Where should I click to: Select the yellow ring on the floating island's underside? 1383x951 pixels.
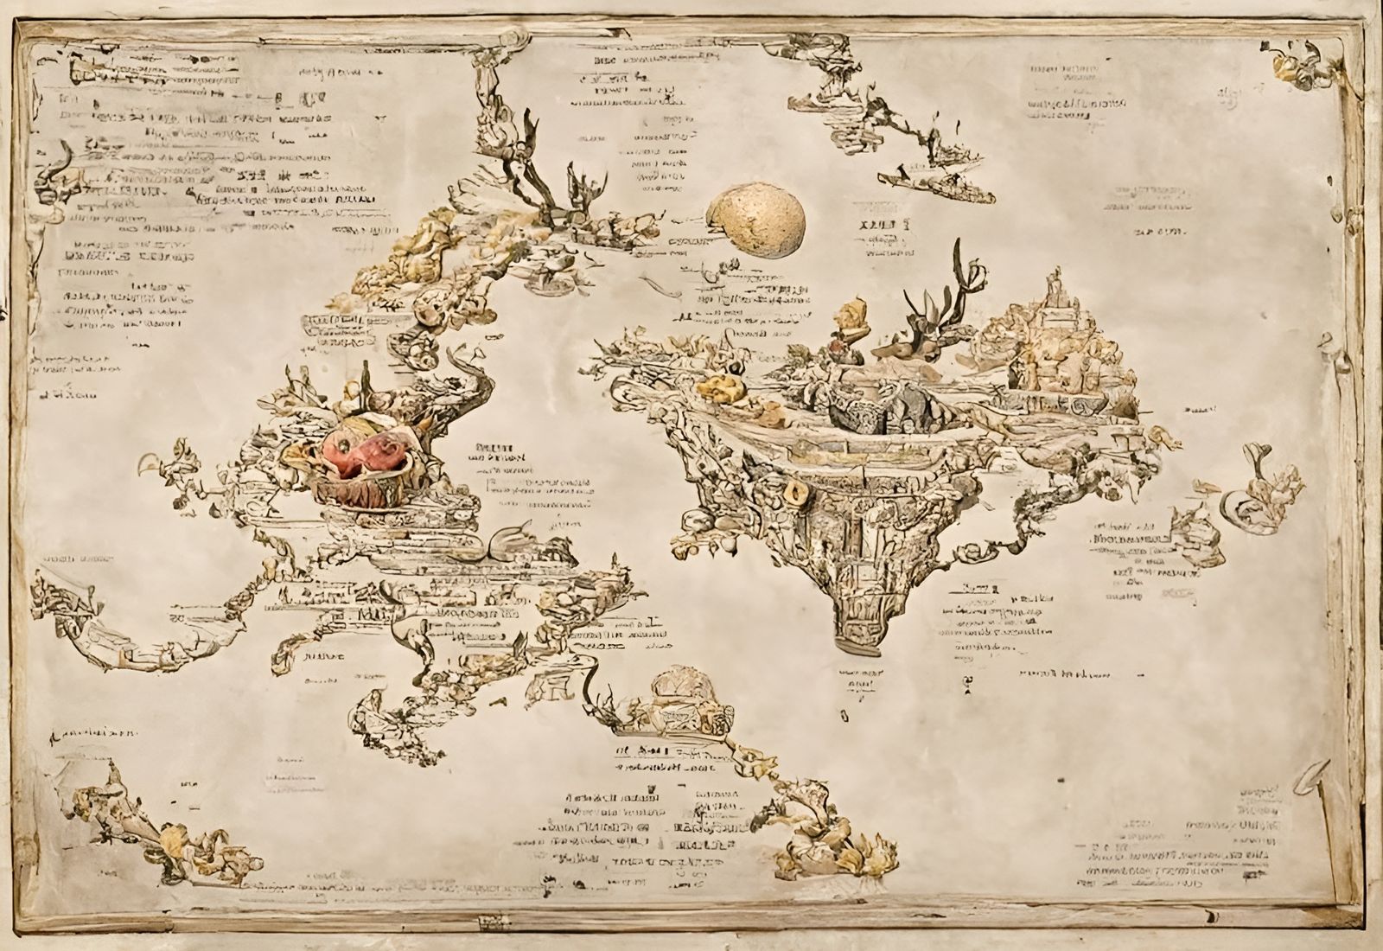point(793,494)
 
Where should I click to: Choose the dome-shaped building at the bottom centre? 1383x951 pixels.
point(682,687)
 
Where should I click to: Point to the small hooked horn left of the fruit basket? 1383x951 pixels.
point(160,463)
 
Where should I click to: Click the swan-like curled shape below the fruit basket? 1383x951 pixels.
point(510,540)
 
